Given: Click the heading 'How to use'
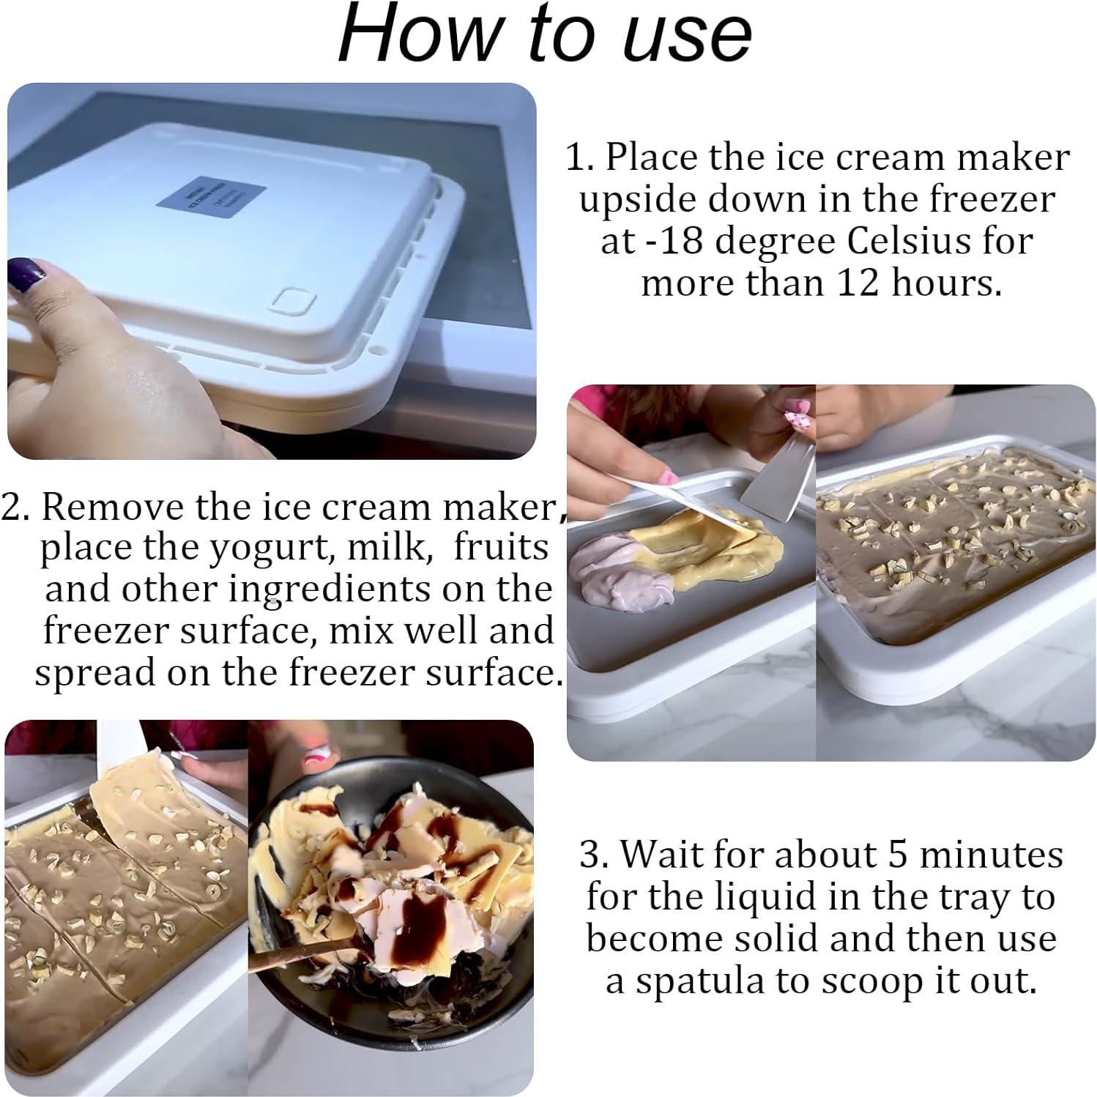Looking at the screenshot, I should (x=545, y=34).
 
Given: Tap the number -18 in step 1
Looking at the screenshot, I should (x=670, y=241).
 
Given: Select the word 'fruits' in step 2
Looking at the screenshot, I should (x=501, y=548).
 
